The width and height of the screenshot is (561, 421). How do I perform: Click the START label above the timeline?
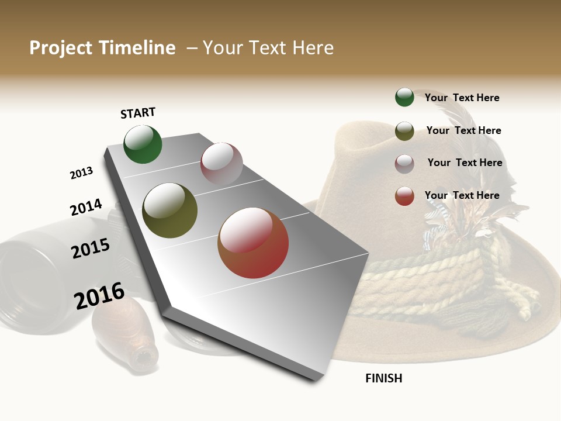point(138,113)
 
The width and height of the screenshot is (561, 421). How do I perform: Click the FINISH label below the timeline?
point(384,378)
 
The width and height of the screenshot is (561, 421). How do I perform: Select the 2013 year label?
point(81,172)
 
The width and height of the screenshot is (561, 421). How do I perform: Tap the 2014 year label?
point(86,208)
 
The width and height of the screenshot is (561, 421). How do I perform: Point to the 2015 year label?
point(91,249)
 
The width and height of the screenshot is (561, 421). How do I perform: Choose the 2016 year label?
point(99,296)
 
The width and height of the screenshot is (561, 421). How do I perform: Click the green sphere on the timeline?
point(143,144)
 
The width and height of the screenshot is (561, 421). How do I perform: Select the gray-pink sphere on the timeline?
point(221,164)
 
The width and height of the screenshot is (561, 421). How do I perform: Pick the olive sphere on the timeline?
point(170,210)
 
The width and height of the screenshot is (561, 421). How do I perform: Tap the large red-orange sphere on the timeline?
point(253,243)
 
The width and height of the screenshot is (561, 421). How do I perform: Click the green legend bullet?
point(404,98)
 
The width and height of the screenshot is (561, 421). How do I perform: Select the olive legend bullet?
point(404,131)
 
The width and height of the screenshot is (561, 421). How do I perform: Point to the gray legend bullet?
point(404,163)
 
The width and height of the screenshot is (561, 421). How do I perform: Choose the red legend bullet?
point(404,196)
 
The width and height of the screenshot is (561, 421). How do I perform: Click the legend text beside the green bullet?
point(462,98)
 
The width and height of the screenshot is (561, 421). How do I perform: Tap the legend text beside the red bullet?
point(462,195)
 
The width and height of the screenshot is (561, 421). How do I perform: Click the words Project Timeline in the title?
point(102,48)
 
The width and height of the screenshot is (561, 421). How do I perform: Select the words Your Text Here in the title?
point(268,48)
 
